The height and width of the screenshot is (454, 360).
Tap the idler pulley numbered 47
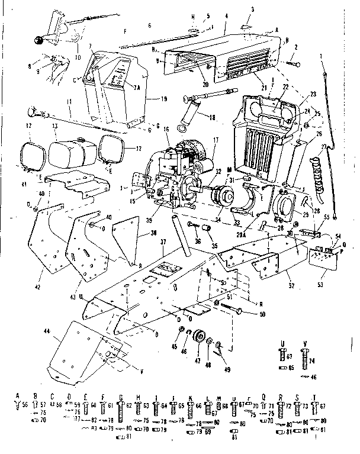(195, 342)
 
